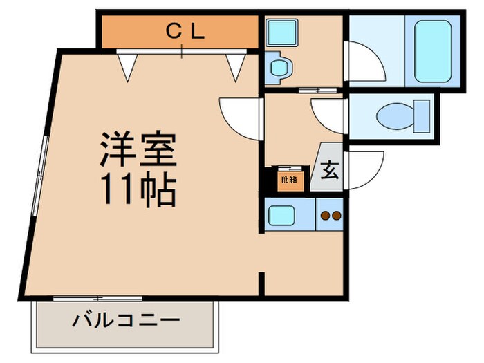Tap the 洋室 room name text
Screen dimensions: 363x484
coord(138,149)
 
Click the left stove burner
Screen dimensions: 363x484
coord(326,216)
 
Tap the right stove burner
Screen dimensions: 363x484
coord(337,216)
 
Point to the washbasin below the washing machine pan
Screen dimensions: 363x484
coord(279,68)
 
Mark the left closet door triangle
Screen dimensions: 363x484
coord(126,66)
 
